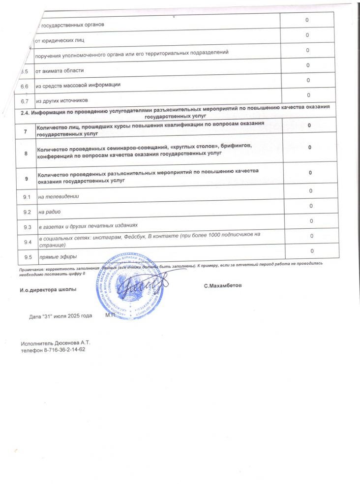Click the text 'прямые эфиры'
tap(58, 257)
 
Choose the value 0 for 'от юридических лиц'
tap(307, 35)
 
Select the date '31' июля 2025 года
tap(60, 315)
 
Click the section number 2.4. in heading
tap(25, 113)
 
